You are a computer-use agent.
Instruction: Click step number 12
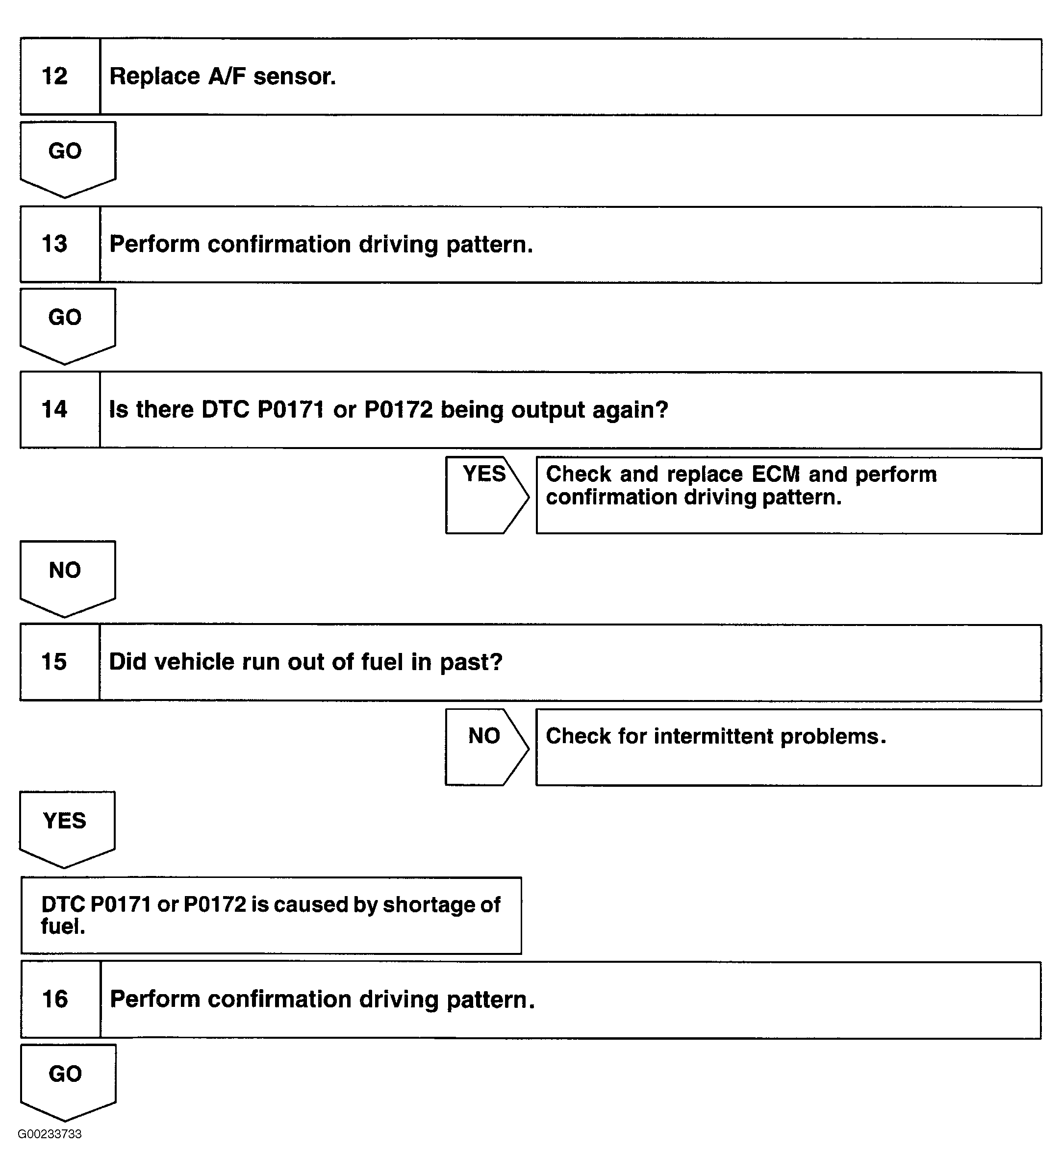click(55, 76)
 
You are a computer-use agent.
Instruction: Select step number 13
click(55, 244)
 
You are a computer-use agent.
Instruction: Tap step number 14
click(55, 410)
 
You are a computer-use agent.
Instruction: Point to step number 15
click(54, 662)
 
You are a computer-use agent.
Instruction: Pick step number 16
click(55, 1000)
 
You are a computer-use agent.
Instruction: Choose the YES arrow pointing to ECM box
click(484, 494)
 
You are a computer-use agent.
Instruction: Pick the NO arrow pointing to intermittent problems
click(484, 746)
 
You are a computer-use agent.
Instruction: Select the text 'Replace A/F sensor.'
click(223, 76)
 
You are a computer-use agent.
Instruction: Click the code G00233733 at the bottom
click(50, 1134)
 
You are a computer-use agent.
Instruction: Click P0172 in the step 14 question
click(399, 410)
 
